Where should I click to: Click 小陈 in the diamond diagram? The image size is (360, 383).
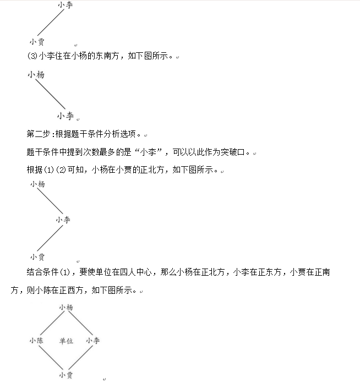36,341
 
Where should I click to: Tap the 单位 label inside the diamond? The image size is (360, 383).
66,341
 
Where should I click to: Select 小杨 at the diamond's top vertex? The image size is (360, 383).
66,308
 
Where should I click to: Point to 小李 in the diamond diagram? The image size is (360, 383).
93,341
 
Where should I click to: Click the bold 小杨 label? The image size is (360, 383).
36,75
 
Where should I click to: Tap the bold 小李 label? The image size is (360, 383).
65,116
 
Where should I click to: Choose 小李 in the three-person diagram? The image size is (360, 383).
63,220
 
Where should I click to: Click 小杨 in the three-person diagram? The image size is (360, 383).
37,184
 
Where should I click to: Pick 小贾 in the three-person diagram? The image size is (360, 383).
37,256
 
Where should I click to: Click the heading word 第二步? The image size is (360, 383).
37,134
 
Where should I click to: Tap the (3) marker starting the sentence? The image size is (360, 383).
31,56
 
